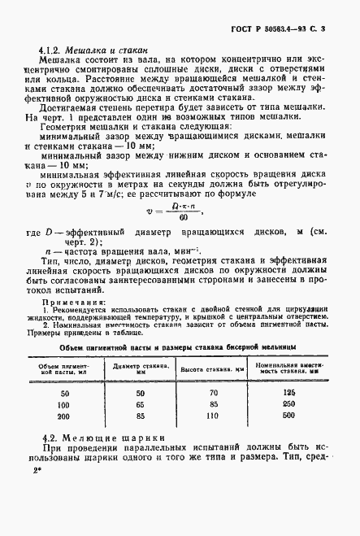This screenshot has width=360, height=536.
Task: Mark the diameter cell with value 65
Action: click(141, 404)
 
